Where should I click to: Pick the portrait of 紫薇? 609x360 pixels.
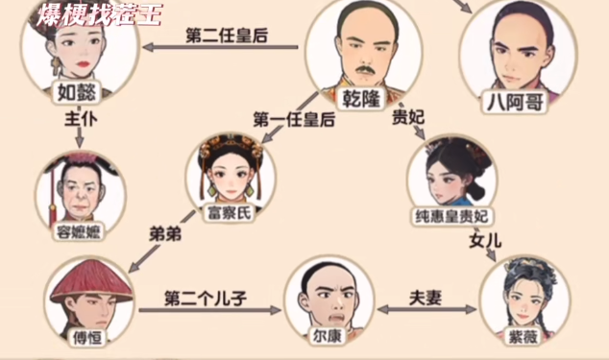519,293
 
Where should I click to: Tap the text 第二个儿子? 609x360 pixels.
206,297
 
